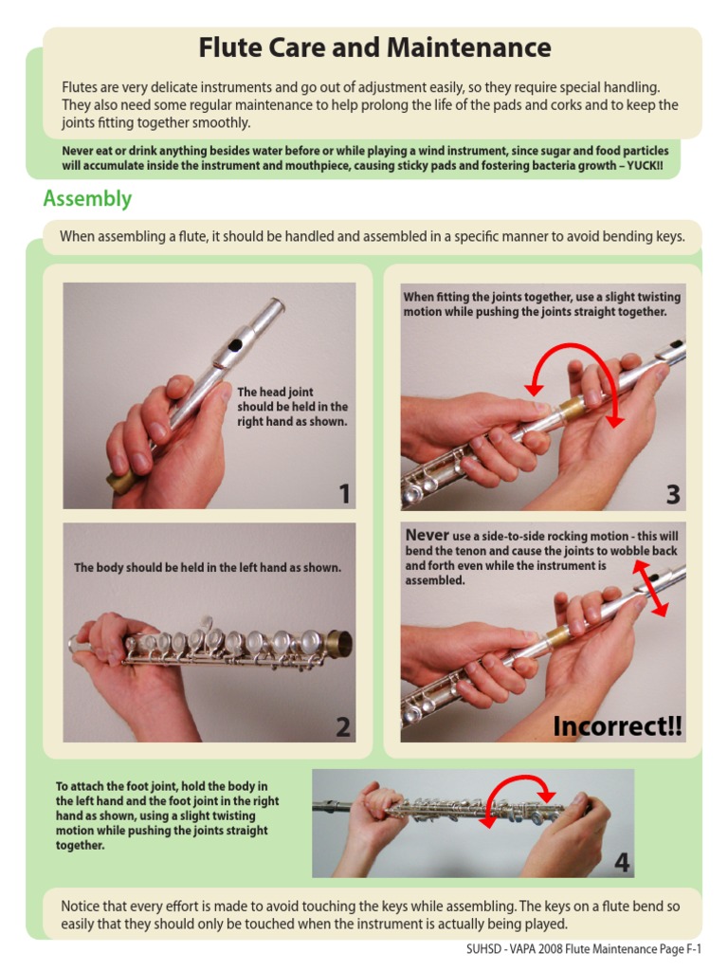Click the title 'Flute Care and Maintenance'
pyautogui.click(x=374, y=47)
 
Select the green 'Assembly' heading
pyautogui.click(x=87, y=199)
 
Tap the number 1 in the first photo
pyautogui.click(x=344, y=494)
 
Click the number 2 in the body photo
pyautogui.click(x=342, y=727)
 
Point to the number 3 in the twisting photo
pyautogui.click(x=672, y=494)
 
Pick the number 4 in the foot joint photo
pyautogui.click(x=621, y=862)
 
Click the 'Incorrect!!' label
pyautogui.click(x=617, y=726)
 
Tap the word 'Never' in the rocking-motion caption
pyautogui.click(x=427, y=536)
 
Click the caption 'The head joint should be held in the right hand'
pyautogui.click(x=292, y=406)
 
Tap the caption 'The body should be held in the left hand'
pyautogui.click(x=208, y=568)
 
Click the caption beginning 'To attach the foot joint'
pyautogui.click(x=162, y=815)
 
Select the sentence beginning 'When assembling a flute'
pyautogui.click(x=372, y=237)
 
